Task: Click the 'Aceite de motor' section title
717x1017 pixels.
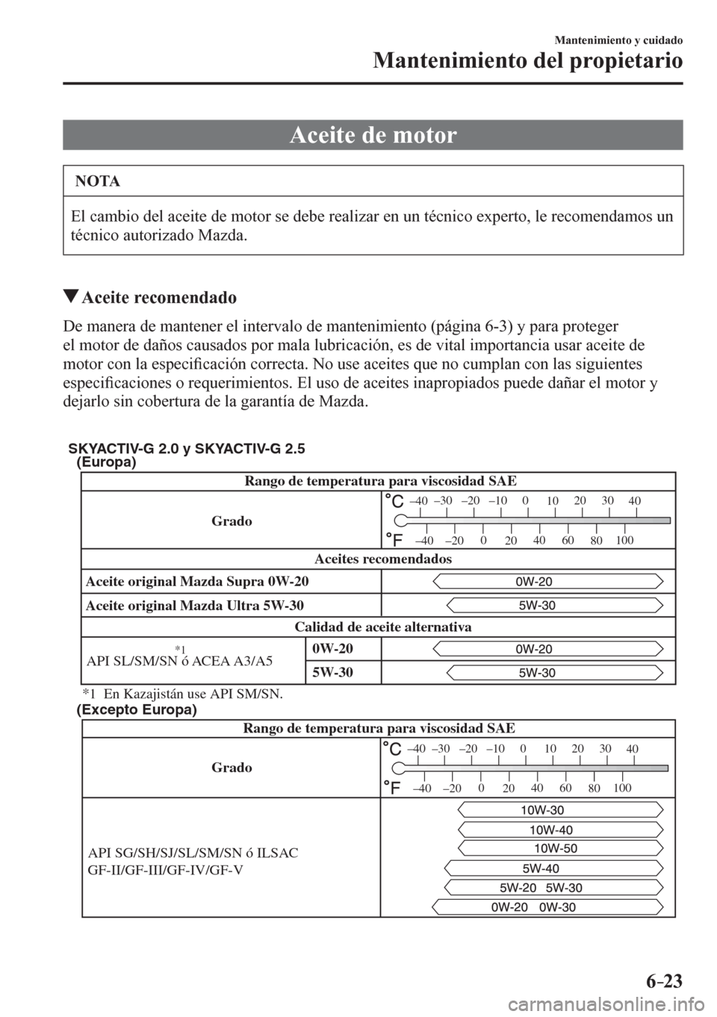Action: click(372, 135)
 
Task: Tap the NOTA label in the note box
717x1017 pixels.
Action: click(98, 181)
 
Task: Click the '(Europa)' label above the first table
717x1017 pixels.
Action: click(106, 462)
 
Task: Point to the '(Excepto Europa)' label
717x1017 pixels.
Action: click(137, 710)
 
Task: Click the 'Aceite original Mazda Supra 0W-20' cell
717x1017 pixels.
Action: click(197, 582)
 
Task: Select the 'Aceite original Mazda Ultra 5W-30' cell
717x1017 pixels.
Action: click(194, 606)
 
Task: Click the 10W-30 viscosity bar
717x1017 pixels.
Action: click(542, 810)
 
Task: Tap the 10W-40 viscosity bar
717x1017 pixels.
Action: click(551, 830)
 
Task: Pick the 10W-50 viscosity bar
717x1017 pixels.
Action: click(556, 848)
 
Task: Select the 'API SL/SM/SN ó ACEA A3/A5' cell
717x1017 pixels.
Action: click(180, 661)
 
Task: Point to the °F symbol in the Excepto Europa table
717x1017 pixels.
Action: click(391, 787)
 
